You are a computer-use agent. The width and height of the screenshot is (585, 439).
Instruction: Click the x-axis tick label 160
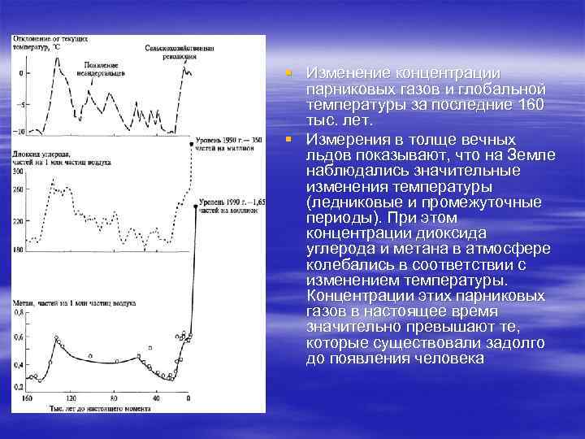[x=27, y=398]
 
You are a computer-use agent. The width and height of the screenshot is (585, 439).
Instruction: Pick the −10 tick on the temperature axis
[x=20, y=130]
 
